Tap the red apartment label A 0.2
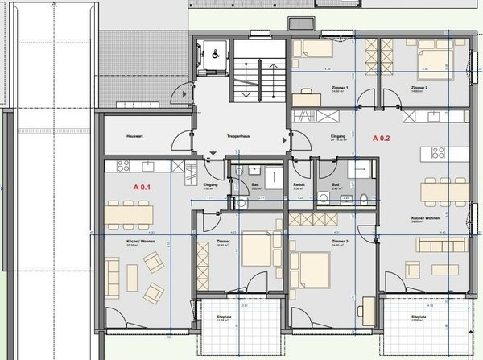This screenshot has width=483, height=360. pyautogui.click(x=381, y=138)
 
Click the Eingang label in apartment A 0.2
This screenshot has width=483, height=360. pyautogui.click(x=338, y=137)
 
